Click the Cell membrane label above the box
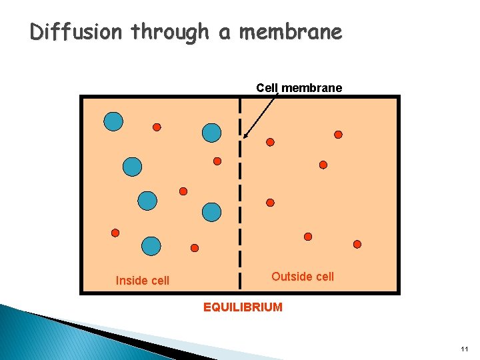[x=299, y=87]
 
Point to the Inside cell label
[x=143, y=281]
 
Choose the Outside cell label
[x=303, y=277]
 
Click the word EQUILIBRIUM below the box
[x=243, y=307]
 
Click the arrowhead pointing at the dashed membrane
[x=245, y=136]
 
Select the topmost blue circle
[x=113, y=121]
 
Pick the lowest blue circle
[x=151, y=246]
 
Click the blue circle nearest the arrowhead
[x=211, y=133]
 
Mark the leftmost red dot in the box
[x=115, y=233]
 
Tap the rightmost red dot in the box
[x=357, y=244]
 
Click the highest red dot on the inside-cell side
[x=157, y=127]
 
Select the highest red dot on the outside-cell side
[x=338, y=135]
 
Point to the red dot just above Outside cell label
[x=308, y=237]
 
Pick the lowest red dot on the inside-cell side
[x=195, y=248]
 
